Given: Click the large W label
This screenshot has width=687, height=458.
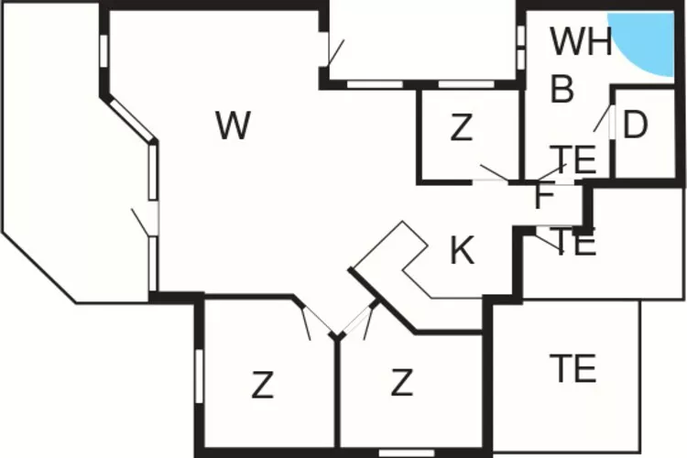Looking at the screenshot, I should coord(234,125).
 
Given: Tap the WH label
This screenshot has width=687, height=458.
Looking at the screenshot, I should coord(581,42).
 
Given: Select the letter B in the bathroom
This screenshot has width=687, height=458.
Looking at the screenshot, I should coord(562,90).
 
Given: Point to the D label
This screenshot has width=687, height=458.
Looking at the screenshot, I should coord(635,126).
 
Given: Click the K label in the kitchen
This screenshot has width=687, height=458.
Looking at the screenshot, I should coord(463,251).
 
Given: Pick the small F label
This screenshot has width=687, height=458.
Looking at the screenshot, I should coord(543,195).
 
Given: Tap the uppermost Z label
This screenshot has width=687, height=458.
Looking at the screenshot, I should coord(462,129).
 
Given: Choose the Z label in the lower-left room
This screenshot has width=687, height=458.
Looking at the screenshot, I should coord(263,386).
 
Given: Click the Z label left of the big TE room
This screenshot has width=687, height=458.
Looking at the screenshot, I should coord(401,383).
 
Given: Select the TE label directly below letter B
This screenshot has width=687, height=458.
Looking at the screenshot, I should coord(572,159).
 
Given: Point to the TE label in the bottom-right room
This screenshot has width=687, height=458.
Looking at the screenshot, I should coord(573,368).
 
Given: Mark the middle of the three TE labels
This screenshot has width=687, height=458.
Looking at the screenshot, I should coord(575,244).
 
